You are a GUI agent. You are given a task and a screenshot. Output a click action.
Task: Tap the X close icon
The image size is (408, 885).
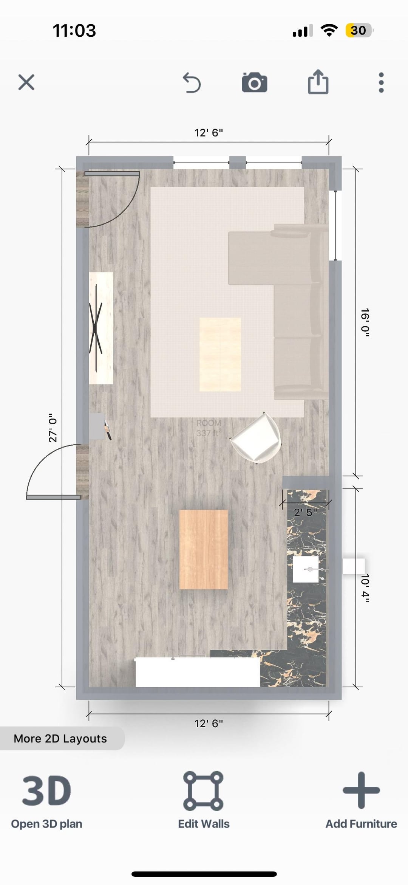click(x=26, y=82)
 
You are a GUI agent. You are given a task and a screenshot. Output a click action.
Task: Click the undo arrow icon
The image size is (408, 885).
click(x=192, y=83)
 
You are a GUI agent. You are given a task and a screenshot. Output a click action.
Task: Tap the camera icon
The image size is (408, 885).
click(x=255, y=82)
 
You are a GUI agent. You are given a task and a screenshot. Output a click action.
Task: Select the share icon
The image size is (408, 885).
click(x=318, y=82)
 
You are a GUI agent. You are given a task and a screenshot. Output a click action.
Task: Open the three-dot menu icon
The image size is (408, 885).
click(x=381, y=82)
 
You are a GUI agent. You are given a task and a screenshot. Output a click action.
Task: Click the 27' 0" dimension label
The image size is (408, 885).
click(x=53, y=428)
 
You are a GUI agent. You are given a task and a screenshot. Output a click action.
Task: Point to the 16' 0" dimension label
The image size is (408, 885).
click(x=365, y=322)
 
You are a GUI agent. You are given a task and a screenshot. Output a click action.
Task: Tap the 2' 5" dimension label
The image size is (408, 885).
click(x=306, y=512)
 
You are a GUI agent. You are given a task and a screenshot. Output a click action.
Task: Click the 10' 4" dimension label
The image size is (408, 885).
click(x=365, y=588)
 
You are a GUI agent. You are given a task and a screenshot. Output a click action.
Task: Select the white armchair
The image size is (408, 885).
click(x=256, y=438)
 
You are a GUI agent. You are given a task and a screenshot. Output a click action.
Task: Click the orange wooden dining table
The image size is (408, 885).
click(x=204, y=549)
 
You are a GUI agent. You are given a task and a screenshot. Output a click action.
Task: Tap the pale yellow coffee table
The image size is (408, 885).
click(x=220, y=354)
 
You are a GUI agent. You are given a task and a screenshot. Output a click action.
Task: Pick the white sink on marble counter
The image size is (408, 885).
click(x=306, y=569)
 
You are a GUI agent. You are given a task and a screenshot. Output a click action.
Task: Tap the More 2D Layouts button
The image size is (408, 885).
click(x=60, y=738)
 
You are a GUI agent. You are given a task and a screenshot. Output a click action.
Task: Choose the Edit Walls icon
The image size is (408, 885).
click(x=203, y=790)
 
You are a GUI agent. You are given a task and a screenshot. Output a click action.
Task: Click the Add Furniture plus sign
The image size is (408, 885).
click(x=361, y=790)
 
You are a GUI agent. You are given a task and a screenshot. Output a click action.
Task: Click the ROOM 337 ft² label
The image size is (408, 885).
click(x=209, y=428)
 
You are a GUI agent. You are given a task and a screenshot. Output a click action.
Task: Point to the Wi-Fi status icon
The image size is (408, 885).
click(x=329, y=30)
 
